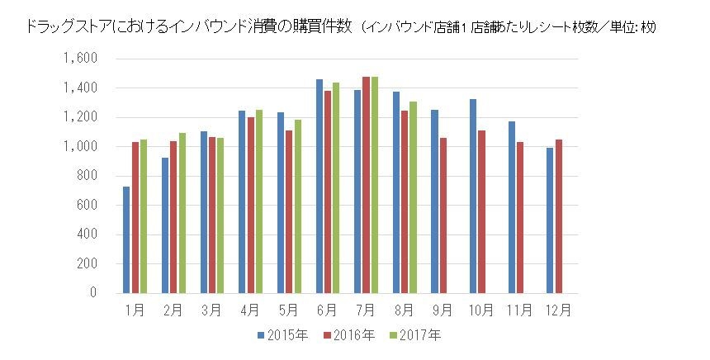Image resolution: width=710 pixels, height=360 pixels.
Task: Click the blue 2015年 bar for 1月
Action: coord(126,239)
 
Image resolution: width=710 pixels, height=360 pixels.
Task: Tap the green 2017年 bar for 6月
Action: coord(336,187)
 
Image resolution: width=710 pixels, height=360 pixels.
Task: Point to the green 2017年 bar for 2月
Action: coord(182,213)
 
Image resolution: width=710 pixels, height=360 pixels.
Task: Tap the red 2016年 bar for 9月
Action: coord(443,216)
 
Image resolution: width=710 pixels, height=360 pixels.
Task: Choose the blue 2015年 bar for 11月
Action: coord(512,207)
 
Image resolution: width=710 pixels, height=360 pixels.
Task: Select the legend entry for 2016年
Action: coord(348,335)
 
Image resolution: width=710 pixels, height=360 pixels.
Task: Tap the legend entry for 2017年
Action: coord(415,335)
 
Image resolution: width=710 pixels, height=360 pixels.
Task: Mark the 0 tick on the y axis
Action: coord(94,293)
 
